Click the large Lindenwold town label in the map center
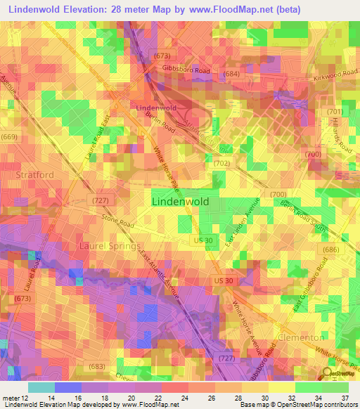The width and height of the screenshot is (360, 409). [181, 201]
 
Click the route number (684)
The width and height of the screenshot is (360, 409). [231, 74]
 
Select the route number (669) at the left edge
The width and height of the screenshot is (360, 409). [9, 136]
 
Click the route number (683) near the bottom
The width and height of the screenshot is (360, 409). [96, 366]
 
